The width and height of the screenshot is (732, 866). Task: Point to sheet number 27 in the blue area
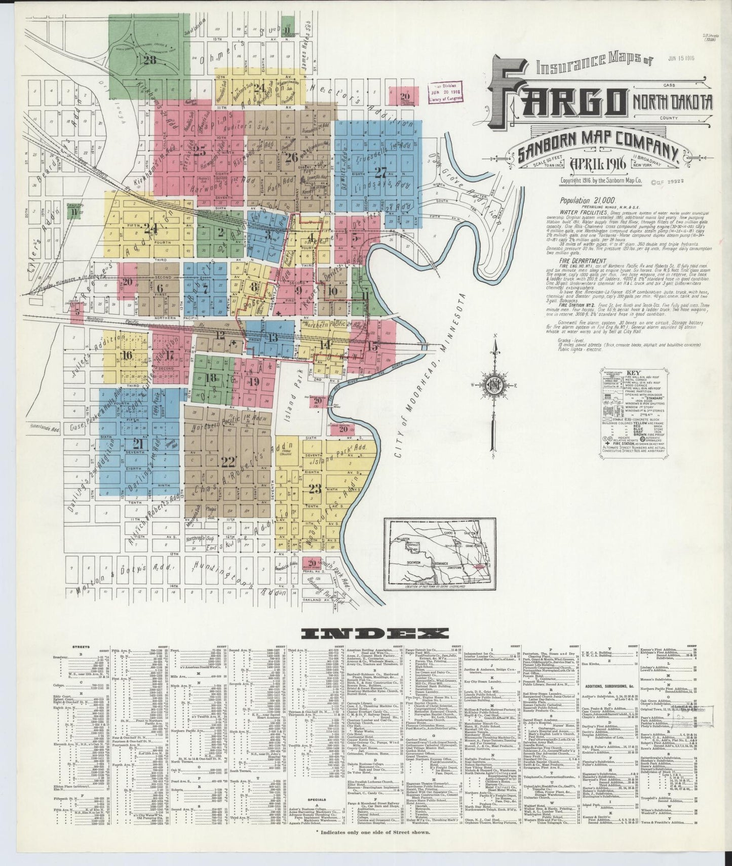(x=380, y=171)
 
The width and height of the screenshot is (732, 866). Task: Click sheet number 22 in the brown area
(x=228, y=461)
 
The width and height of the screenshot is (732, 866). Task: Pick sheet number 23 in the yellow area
(x=315, y=489)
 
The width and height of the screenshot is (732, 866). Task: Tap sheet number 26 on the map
(x=291, y=156)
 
